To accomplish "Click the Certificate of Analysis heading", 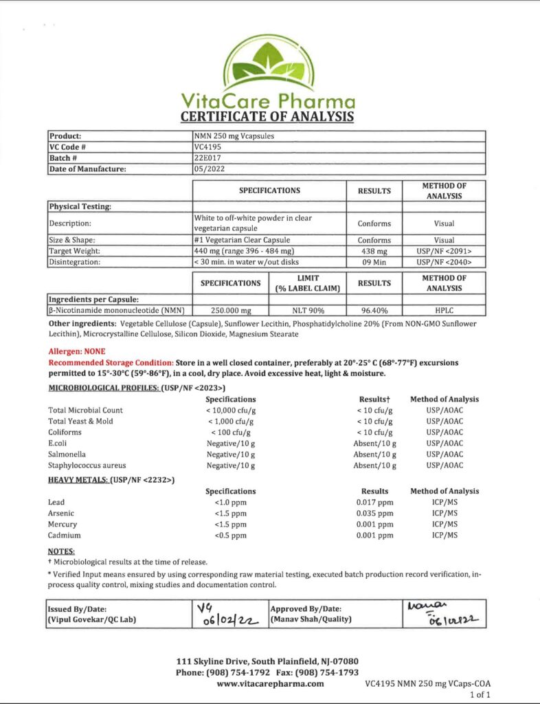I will pos(267,116).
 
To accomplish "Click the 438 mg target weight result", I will pos(374,251).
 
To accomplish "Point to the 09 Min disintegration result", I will pos(374,262).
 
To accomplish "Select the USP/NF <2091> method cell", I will pos(444,251).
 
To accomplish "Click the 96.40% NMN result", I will pos(374,310).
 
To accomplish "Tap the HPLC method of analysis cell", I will pos(444,310).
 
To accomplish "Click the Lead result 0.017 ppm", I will pos(375,503).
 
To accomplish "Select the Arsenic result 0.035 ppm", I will pos(375,514).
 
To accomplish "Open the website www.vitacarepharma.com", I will pos(270,684).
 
